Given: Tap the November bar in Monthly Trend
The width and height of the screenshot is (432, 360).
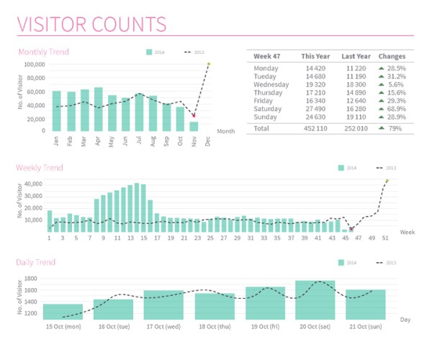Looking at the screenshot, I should pos(194,126).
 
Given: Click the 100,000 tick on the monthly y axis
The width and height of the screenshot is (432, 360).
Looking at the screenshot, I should pos(34,64).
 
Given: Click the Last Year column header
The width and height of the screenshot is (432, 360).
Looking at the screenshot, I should pos(356,56).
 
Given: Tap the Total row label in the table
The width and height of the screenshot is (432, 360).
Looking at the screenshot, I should pos(262,128).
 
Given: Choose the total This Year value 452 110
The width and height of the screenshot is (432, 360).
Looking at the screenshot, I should pos(315,128).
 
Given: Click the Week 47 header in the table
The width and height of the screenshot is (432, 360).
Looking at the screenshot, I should pos(267,56).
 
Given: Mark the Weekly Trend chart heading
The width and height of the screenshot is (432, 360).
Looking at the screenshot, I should pos(40,168).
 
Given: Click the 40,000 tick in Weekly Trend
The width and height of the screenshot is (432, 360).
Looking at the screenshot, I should pos(34,184).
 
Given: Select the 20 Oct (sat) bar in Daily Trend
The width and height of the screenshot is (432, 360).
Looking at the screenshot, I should pos(315,300).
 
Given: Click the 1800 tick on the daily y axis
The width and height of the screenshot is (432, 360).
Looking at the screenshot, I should pos(29,279).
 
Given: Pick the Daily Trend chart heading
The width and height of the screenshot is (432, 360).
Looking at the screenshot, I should pos(36,263).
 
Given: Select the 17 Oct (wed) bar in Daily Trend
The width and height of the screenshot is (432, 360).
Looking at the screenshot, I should pos(163,305).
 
